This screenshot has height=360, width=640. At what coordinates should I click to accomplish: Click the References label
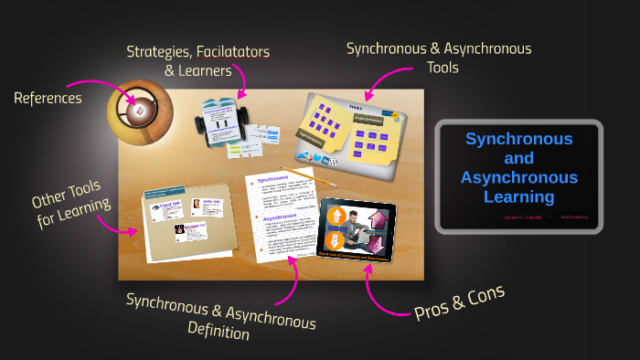(x=48, y=97)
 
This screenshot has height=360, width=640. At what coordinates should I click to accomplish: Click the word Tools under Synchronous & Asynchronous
(x=438, y=68)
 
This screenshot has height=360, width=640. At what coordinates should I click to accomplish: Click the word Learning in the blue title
(x=518, y=196)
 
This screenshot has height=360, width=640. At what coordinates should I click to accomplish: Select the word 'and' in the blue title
(x=518, y=158)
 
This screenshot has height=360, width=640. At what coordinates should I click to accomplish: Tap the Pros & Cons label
(x=459, y=302)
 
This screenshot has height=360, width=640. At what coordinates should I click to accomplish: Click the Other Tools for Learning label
(x=73, y=201)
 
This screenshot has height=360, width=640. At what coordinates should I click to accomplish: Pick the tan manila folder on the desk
(x=187, y=219)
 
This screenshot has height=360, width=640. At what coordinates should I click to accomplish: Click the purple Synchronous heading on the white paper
(x=273, y=180)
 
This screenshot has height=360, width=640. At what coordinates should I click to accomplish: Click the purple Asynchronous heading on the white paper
(x=281, y=219)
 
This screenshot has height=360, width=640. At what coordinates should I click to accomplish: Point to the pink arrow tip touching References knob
(x=135, y=101)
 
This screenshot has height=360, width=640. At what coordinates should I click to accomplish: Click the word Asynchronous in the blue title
(x=518, y=177)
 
